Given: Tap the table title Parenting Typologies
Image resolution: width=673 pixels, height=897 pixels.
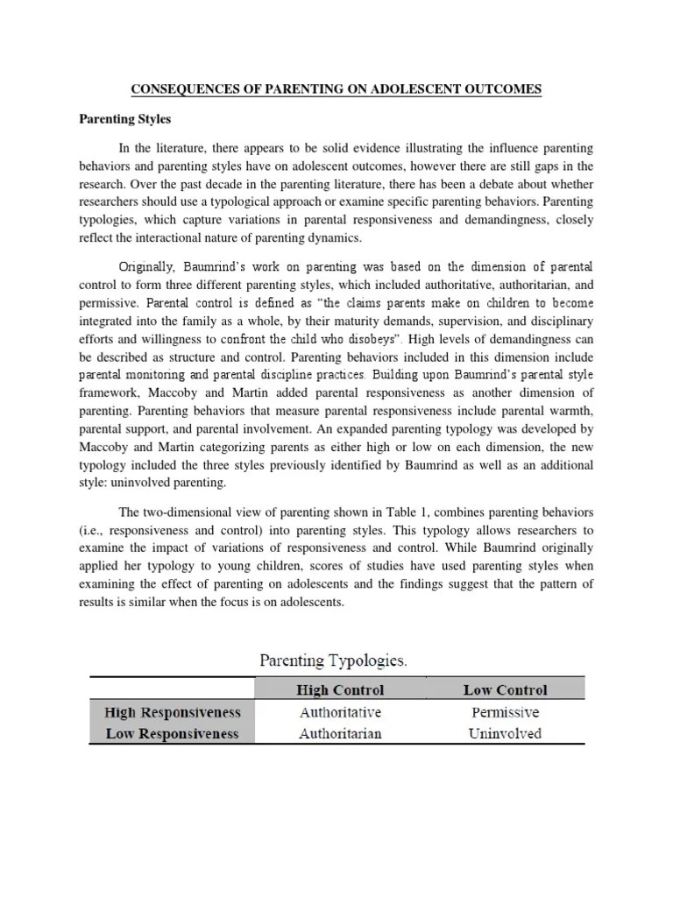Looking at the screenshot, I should click(x=336, y=660).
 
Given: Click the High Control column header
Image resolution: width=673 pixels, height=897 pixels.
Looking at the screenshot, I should click(x=340, y=689).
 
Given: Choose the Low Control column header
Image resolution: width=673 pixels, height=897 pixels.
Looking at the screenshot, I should click(x=505, y=689).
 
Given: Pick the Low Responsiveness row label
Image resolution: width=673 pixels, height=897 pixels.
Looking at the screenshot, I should click(x=172, y=734).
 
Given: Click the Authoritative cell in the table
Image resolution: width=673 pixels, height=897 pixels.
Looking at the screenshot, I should click(x=340, y=712).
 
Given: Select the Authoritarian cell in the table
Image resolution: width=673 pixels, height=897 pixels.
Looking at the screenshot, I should click(x=340, y=734).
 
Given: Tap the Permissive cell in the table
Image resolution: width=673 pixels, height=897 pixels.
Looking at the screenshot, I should click(x=505, y=712).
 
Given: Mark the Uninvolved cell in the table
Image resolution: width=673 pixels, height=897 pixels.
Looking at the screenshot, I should click(x=505, y=734).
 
